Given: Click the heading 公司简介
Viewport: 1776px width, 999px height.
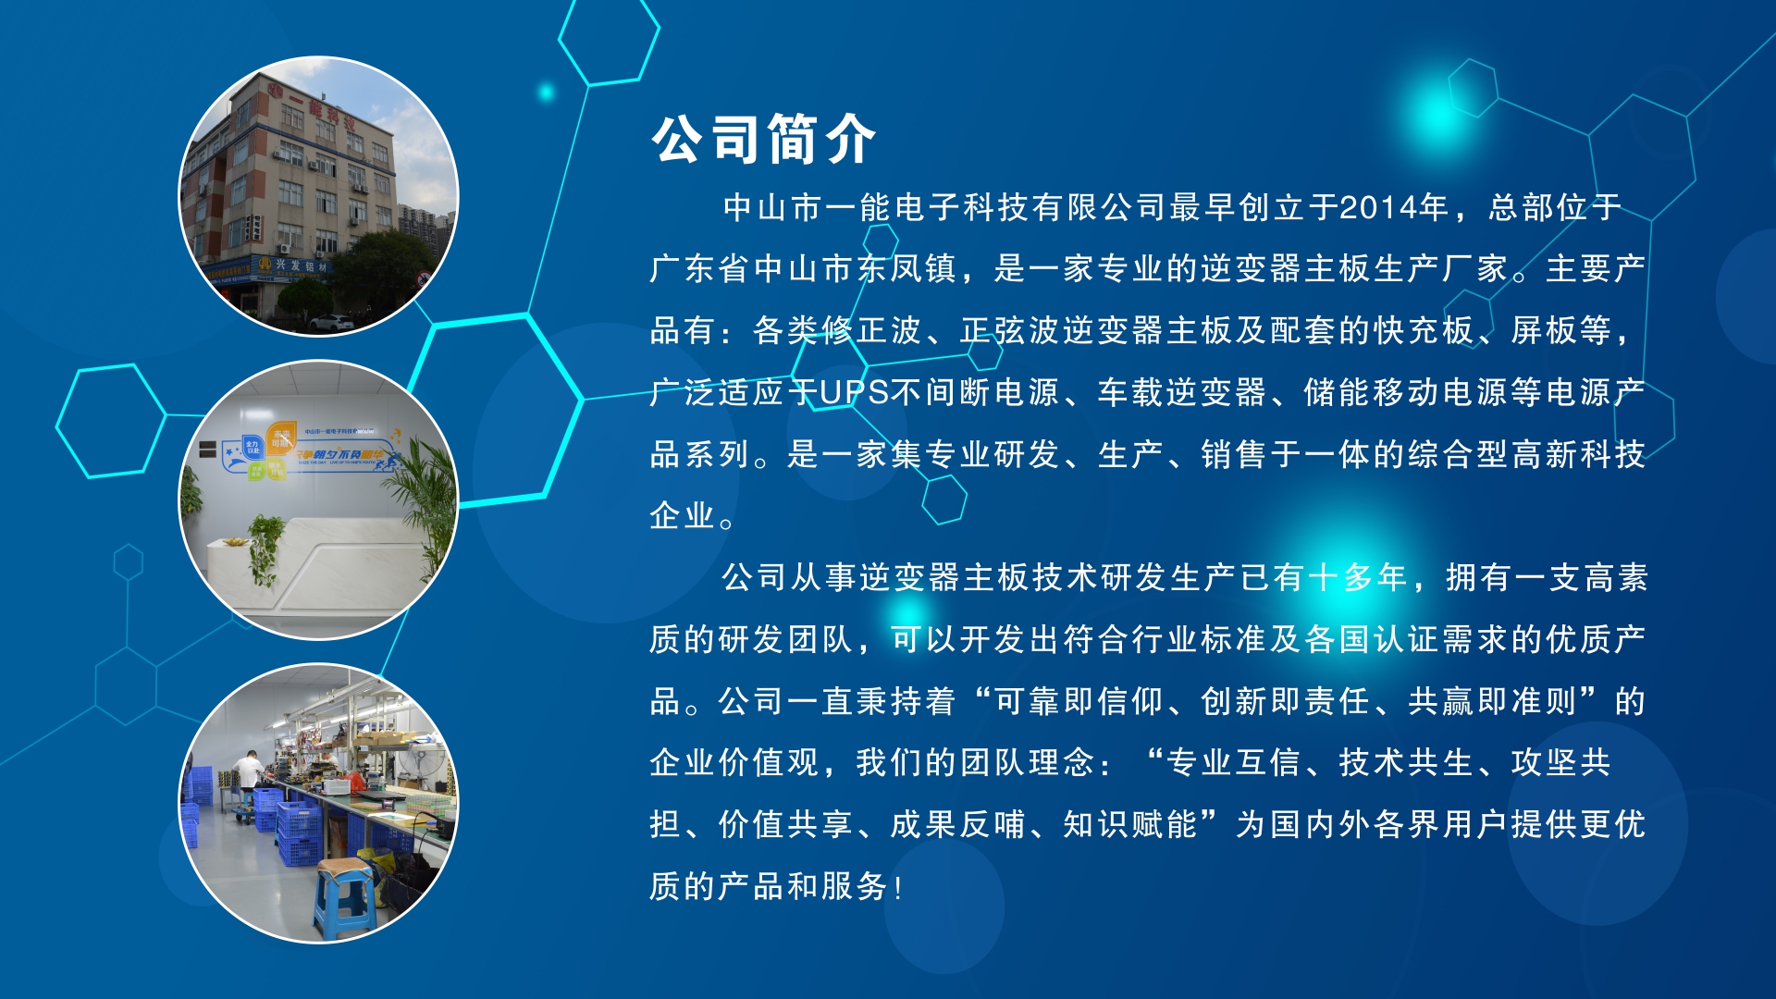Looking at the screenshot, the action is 763,140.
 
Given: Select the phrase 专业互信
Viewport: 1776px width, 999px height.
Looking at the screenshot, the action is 1234,763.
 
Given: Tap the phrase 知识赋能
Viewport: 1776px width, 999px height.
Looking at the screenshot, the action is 1129,824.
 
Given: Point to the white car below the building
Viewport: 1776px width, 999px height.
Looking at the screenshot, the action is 331,323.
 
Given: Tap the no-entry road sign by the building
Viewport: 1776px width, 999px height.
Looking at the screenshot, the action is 423,277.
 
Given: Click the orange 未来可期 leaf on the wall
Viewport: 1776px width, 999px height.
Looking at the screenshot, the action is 280,438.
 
